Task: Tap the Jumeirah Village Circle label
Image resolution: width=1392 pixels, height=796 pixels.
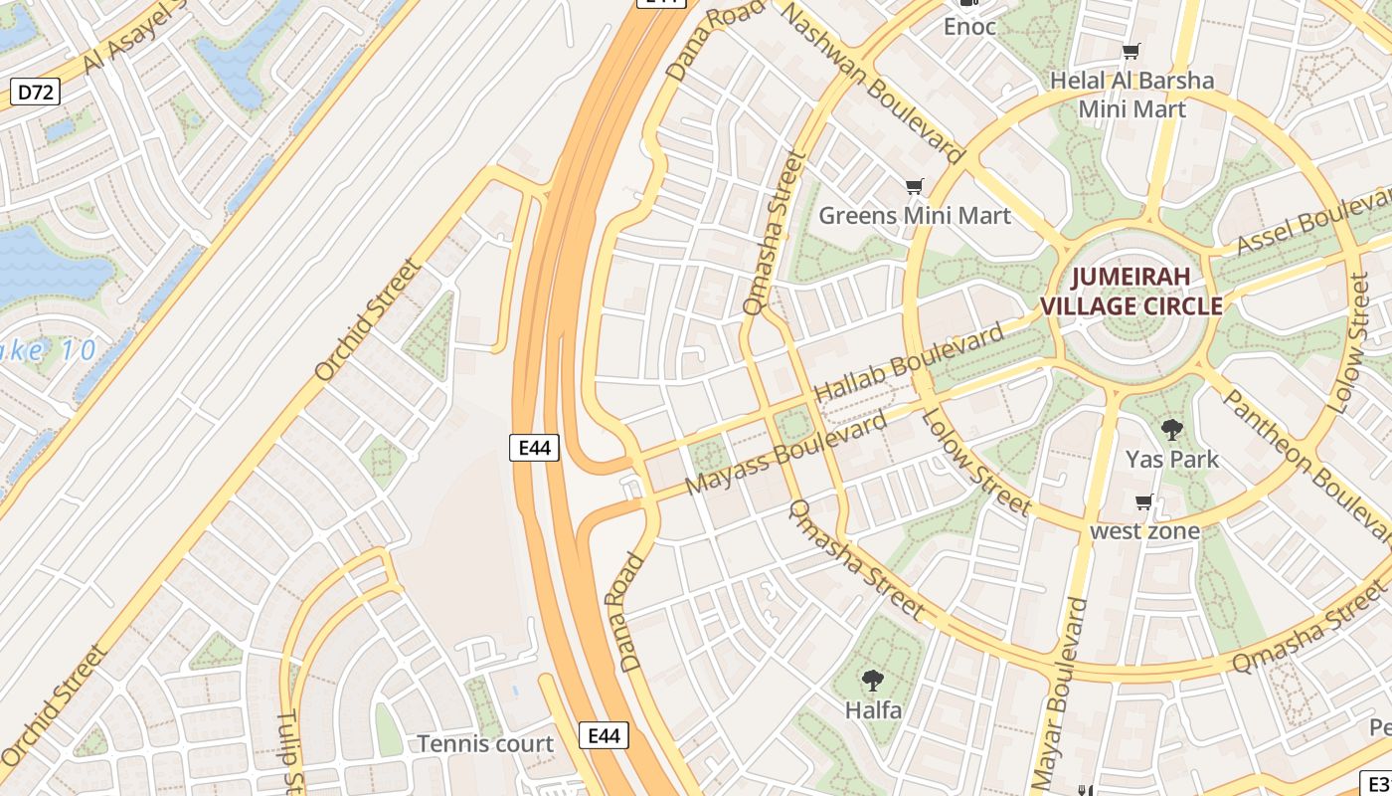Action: tap(1131, 292)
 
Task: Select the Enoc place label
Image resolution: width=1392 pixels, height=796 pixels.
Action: tap(969, 27)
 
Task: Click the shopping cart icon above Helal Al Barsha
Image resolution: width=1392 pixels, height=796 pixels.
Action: tap(1131, 51)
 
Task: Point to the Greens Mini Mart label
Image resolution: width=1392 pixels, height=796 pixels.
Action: tap(914, 215)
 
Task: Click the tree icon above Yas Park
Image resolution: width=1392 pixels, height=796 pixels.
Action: tap(1172, 430)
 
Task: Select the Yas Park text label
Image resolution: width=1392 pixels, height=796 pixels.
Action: tap(1172, 460)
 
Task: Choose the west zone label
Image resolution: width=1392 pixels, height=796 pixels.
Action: tap(1144, 530)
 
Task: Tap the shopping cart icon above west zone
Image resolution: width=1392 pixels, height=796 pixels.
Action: tap(1144, 501)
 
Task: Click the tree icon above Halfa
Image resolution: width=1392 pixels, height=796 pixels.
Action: tap(873, 681)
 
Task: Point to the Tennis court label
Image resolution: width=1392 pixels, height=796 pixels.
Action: tap(485, 743)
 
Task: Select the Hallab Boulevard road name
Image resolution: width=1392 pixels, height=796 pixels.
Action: tap(910, 363)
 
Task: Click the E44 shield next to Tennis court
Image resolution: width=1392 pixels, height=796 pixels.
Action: tap(604, 735)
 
